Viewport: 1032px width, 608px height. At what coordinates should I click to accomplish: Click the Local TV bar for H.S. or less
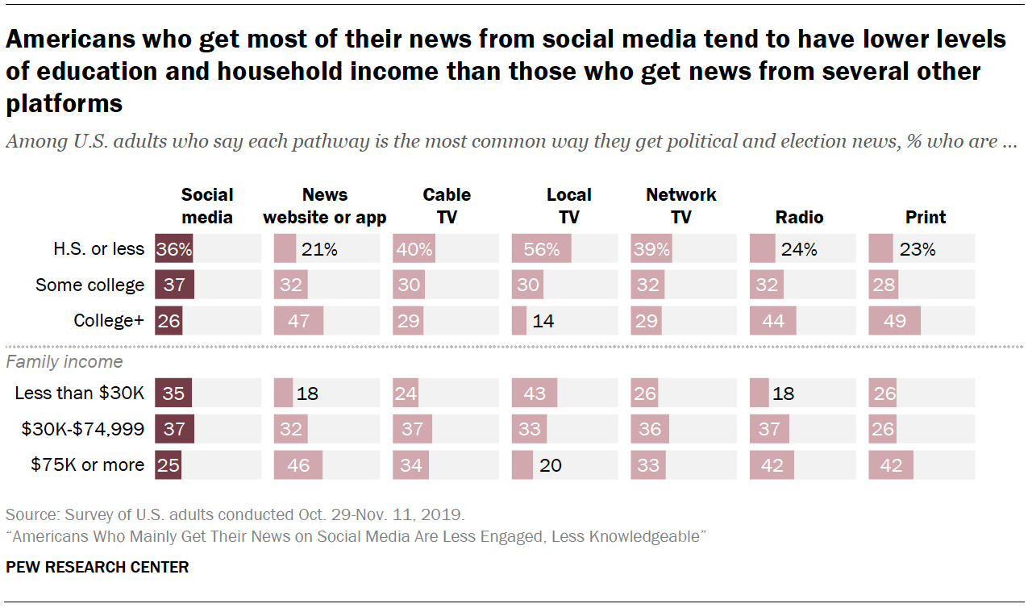(541, 249)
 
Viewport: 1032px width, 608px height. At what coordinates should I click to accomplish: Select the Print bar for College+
(894, 320)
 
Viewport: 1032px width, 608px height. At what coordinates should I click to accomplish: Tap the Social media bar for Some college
(174, 285)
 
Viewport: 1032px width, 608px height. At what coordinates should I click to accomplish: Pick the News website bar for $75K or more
(298, 465)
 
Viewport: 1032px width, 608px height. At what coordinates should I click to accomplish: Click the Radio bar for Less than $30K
(759, 394)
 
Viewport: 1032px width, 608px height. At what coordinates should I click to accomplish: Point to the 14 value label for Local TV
(543, 320)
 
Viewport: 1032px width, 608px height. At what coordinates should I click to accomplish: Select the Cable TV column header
(447, 206)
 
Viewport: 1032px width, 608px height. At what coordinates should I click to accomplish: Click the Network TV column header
(680, 206)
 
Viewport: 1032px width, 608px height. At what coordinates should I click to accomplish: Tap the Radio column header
(799, 217)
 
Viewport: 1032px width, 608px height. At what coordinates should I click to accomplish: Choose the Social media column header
(207, 206)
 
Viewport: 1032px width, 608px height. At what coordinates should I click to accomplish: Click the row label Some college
(90, 285)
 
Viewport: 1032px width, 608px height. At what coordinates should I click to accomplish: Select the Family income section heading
(64, 362)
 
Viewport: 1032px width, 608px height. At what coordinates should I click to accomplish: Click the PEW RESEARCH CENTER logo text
(98, 567)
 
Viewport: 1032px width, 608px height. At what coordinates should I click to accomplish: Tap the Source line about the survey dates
(235, 514)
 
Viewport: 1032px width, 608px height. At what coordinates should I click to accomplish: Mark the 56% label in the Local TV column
(541, 249)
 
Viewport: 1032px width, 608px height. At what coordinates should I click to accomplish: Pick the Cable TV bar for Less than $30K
(406, 394)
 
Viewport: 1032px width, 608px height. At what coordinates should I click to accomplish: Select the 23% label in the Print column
(918, 249)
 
